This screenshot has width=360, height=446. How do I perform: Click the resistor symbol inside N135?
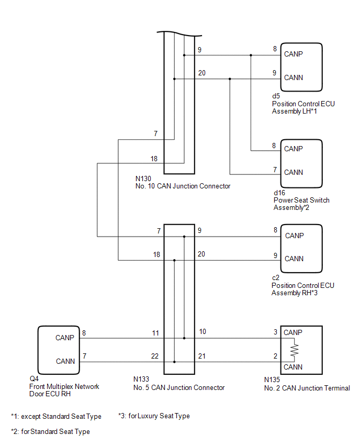pos(294,350)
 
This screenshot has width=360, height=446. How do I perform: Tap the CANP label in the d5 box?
pos(293,54)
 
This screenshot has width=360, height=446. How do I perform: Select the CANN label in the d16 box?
pos(294,172)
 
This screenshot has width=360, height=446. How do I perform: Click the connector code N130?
pos(143,179)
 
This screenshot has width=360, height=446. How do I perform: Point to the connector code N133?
pos(141,379)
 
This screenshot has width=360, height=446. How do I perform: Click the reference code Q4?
pos(34,379)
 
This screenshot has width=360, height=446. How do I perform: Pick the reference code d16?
pos(279,193)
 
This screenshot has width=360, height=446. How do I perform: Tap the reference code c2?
pos(276,278)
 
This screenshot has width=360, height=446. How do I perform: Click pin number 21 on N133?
pos(201,356)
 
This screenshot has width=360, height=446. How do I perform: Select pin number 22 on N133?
pos(155,356)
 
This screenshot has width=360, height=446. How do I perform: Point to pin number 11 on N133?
pos(155,333)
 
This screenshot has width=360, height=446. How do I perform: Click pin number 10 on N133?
pos(202,332)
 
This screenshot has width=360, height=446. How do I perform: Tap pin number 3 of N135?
pos(275,332)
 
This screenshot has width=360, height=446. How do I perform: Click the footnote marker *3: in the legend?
pos(122,416)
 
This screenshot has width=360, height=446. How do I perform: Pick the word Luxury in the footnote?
pos(148,416)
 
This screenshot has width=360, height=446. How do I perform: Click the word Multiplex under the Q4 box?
pos(59,386)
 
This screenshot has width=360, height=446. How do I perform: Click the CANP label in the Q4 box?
pos(64,338)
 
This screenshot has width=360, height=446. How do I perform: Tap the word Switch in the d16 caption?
pos(320,200)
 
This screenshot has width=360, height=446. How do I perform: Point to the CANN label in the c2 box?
pos(294,259)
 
